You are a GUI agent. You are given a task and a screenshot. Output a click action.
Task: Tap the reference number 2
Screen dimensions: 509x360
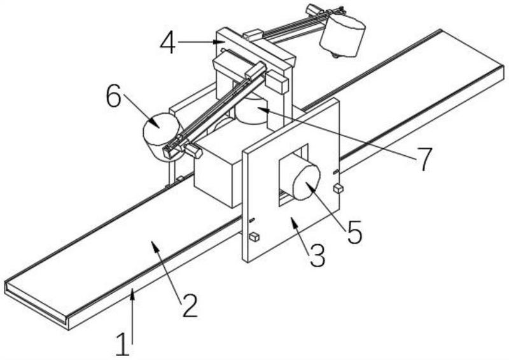190,306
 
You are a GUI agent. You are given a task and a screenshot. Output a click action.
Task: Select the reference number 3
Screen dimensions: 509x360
317,256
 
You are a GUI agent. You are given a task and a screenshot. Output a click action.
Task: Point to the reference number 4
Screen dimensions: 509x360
168,43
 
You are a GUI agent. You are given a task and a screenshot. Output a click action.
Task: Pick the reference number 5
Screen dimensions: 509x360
354,232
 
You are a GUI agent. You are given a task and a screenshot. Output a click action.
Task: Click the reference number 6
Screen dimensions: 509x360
114,96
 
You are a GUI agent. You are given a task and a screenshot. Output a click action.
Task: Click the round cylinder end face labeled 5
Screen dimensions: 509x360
307,182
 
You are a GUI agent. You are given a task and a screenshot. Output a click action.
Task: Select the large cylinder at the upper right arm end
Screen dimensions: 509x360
342,35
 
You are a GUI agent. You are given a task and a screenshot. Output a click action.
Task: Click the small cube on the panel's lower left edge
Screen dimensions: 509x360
254,237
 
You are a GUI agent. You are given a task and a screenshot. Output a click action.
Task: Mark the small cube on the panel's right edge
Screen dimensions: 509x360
338,188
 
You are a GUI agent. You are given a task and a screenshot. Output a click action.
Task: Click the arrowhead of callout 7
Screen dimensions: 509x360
262,109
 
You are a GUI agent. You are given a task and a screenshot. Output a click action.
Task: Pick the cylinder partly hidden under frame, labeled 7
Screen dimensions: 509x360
251,111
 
